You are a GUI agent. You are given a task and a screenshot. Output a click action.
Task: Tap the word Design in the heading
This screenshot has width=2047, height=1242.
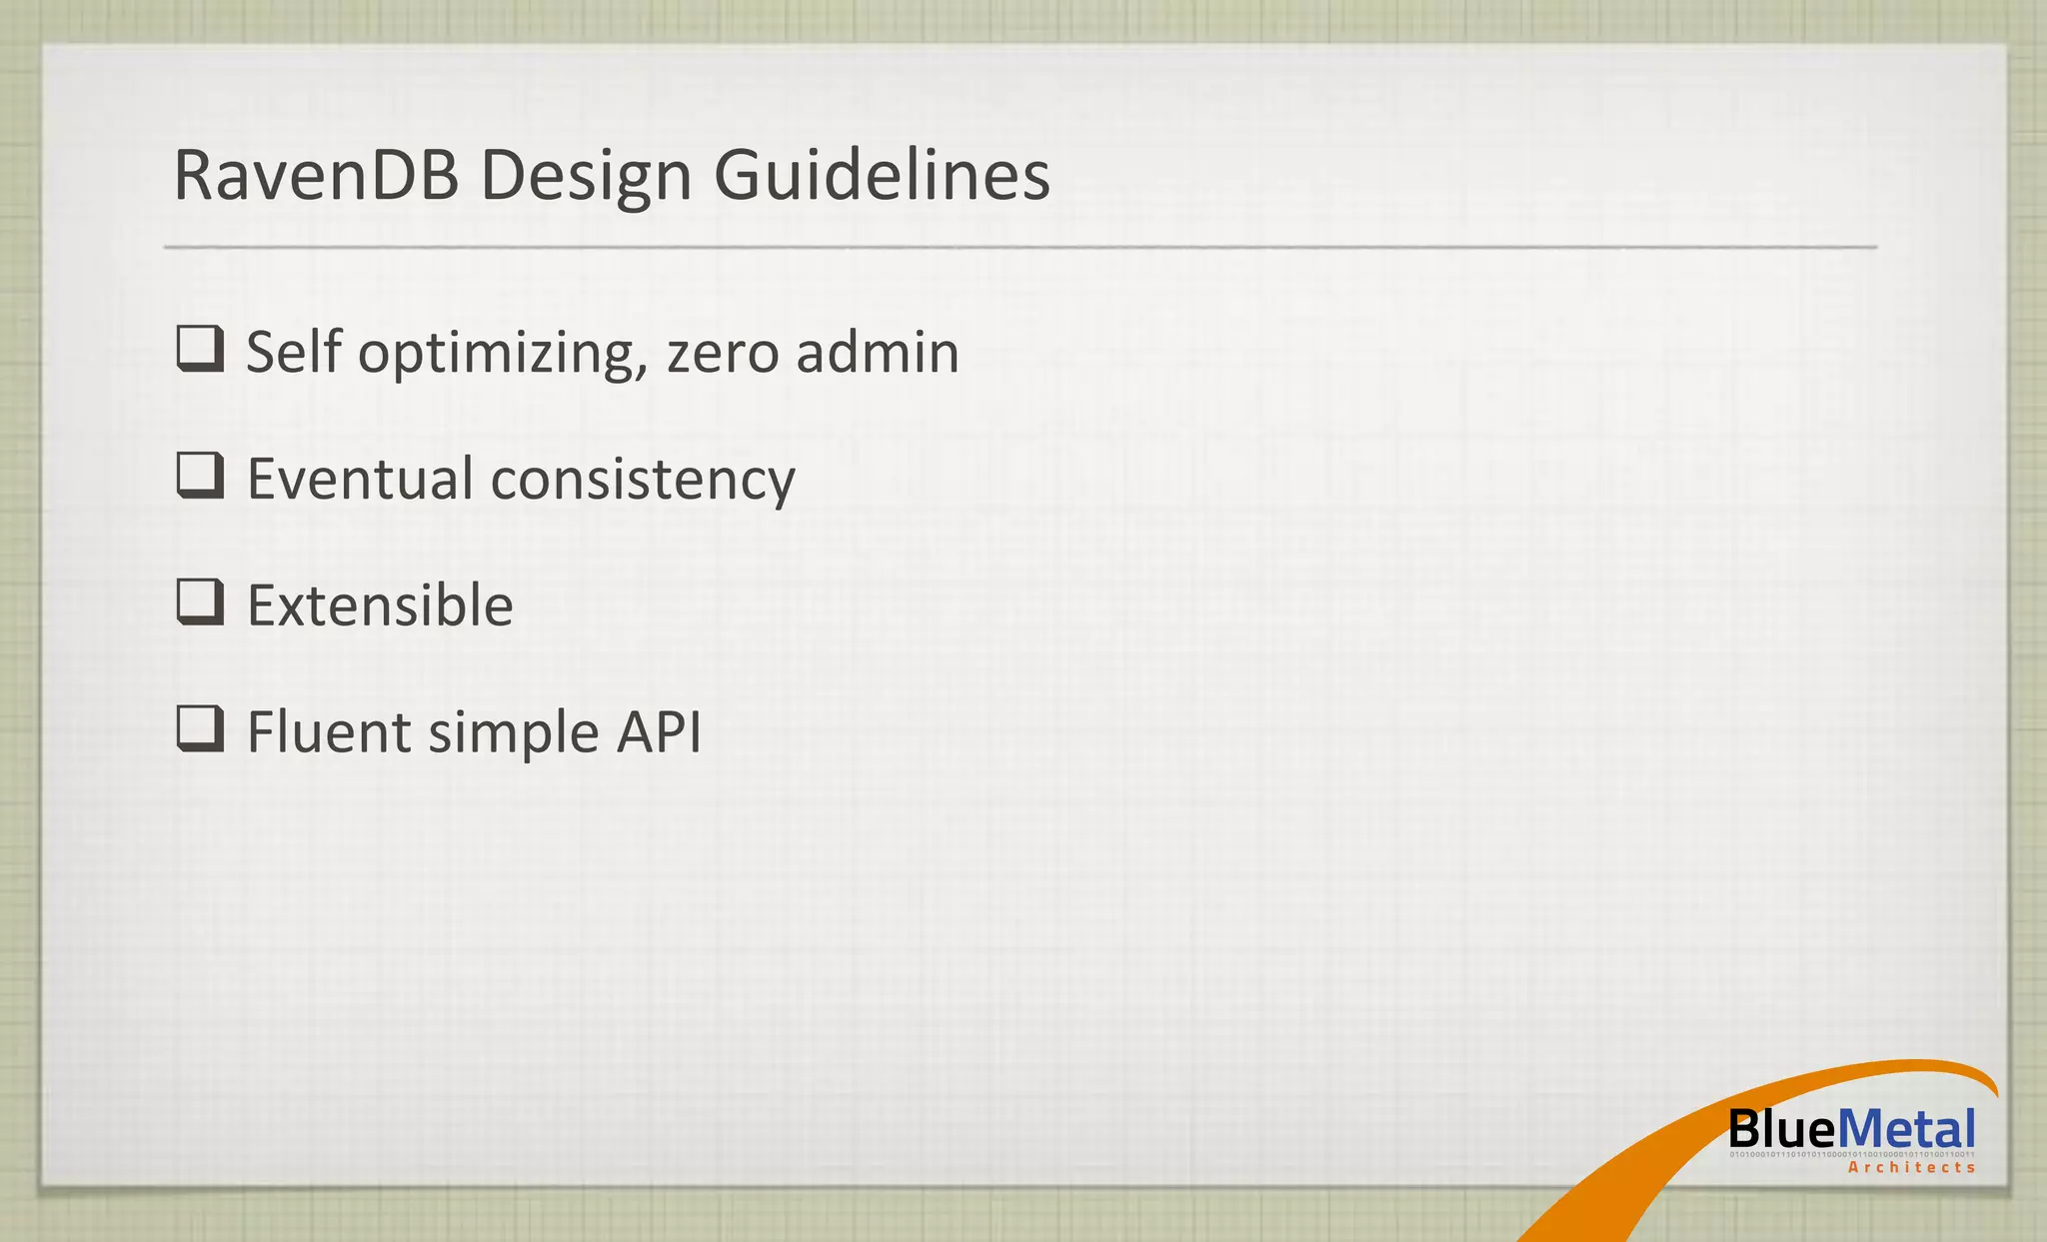click(586, 175)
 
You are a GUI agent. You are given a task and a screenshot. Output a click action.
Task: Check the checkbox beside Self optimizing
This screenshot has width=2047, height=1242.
click(200, 350)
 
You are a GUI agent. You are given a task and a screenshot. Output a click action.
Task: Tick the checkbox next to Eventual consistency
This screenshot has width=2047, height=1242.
click(200, 476)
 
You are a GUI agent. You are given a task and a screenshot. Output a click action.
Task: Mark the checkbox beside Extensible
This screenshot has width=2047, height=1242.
click(200, 603)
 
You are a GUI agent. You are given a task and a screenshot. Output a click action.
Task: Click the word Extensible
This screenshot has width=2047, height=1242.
click(380, 606)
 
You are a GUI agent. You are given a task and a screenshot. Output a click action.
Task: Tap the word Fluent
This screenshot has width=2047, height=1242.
click(329, 731)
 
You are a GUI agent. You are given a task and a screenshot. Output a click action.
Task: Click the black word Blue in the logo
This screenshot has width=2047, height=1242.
click(1782, 1130)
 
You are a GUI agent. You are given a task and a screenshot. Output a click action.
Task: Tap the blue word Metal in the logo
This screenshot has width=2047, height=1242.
click(1905, 1130)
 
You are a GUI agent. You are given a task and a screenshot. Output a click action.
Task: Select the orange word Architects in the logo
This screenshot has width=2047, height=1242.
click(1911, 1167)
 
